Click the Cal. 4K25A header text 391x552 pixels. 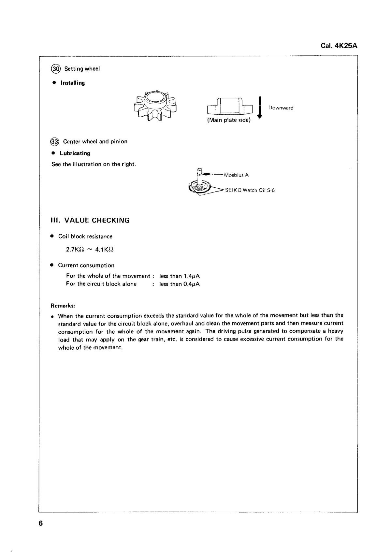click(x=339, y=46)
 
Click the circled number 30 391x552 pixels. click(x=55, y=69)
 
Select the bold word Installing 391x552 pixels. click(x=72, y=83)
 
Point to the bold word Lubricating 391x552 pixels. click(x=75, y=153)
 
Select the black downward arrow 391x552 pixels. click(x=260, y=108)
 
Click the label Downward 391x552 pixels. click(x=281, y=108)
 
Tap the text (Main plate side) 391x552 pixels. click(x=229, y=120)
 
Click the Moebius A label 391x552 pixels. click(x=236, y=175)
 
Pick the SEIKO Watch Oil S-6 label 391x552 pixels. click(x=250, y=190)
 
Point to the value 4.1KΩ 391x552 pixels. click(x=104, y=250)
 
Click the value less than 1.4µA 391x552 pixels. click(x=180, y=276)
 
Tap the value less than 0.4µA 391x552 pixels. click(x=180, y=284)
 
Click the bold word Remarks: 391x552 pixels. click(x=63, y=306)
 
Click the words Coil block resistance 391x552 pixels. click(x=85, y=237)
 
